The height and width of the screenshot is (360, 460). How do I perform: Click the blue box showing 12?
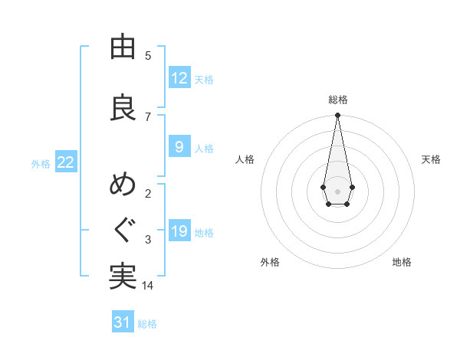click(179, 78)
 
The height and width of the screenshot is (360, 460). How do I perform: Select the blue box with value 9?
click(179, 147)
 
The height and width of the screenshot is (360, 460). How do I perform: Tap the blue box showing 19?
click(179, 231)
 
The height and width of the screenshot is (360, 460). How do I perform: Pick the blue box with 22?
click(66, 162)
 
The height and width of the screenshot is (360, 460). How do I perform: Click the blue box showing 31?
click(123, 322)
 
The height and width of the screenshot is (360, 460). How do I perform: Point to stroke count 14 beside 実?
click(148, 285)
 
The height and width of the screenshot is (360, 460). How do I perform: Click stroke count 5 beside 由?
click(148, 55)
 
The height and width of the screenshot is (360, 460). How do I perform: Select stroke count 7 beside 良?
click(148, 116)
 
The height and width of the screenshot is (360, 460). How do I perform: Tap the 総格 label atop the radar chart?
click(337, 100)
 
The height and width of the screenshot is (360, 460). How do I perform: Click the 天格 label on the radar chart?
click(431, 159)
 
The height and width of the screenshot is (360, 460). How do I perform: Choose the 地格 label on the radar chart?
click(402, 262)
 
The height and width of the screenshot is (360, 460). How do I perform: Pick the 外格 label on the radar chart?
click(270, 262)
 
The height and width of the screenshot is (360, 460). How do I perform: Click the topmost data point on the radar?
click(337, 116)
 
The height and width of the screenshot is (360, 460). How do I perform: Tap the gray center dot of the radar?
click(337, 190)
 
